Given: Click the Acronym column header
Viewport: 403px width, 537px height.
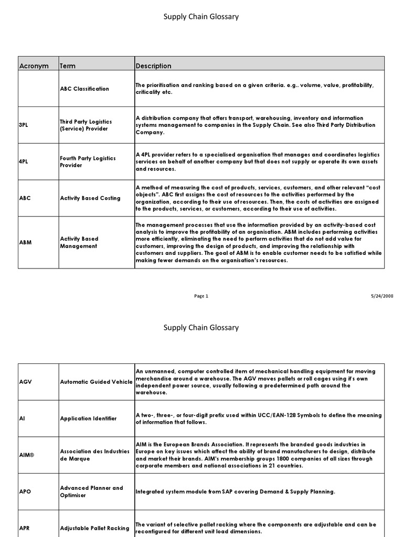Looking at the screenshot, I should tap(34, 66).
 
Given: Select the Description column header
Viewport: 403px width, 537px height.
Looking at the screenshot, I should tap(153, 66).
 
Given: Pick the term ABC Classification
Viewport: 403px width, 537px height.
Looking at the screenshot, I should tap(84, 89).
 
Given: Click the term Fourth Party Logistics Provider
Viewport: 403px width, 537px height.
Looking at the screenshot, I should tap(88, 162).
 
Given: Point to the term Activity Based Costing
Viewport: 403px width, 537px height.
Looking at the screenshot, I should tap(90, 198).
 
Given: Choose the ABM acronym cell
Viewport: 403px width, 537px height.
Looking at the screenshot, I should tap(26, 242).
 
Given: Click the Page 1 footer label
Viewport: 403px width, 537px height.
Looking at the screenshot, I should tap(201, 296).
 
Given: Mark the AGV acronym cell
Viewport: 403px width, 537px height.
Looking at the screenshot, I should tap(26, 382).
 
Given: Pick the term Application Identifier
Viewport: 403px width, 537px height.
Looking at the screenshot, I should tap(88, 418).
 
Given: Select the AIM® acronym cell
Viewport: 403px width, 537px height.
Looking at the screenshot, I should tap(27, 455).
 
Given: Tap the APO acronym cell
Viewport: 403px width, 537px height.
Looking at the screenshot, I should tap(26, 491).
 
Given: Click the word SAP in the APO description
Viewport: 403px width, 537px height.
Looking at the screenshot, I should tap(219, 492).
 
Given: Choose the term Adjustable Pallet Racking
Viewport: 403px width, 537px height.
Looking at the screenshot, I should tap(94, 528).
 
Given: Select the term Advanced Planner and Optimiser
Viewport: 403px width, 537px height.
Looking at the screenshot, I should tap(91, 491).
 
